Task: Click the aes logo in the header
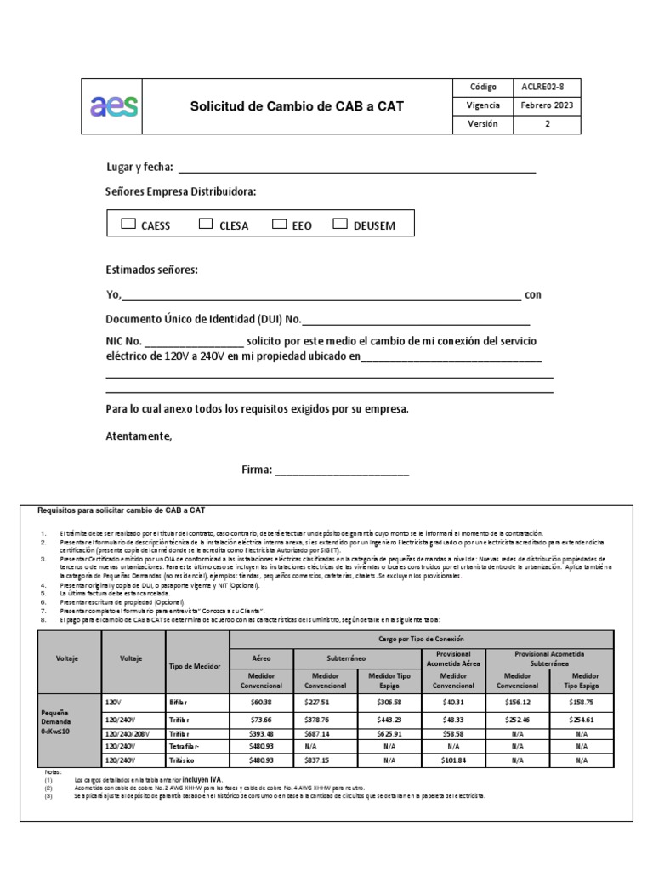[114, 106]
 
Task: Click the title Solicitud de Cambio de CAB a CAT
[297, 106]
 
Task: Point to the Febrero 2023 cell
[548, 106]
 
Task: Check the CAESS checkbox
[128, 225]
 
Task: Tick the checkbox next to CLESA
[206, 225]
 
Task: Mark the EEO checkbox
[280, 225]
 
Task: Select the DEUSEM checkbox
[340, 225]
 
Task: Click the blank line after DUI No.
[416, 320]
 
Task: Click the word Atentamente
[139, 436]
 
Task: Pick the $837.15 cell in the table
[324, 760]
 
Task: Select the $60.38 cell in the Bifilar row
[262, 703]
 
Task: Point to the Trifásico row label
[185, 760]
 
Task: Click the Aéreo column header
[262, 658]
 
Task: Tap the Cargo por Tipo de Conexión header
[421, 638]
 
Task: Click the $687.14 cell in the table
[324, 732]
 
